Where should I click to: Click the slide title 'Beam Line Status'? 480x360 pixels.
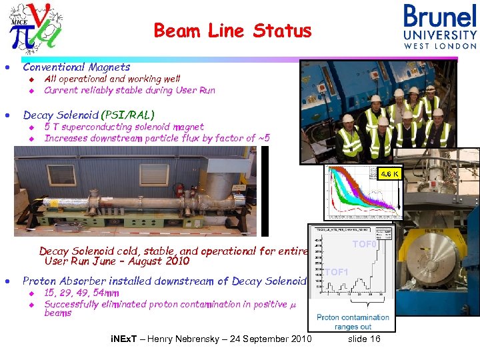click(232, 31)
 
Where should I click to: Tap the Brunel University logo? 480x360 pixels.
click(440, 26)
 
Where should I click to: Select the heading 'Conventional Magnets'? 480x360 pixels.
click(76, 67)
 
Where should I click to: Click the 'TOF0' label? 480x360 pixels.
click(365, 245)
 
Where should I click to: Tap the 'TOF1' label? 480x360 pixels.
click(337, 272)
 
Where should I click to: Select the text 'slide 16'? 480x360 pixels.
click(365, 339)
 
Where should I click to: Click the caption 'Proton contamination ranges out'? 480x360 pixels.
click(353, 322)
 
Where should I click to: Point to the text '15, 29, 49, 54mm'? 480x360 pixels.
click(81, 293)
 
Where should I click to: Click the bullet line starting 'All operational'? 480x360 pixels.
click(112, 79)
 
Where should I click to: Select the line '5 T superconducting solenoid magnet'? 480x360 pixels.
click(124, 127)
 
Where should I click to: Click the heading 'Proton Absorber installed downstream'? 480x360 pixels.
click(164, 281)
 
